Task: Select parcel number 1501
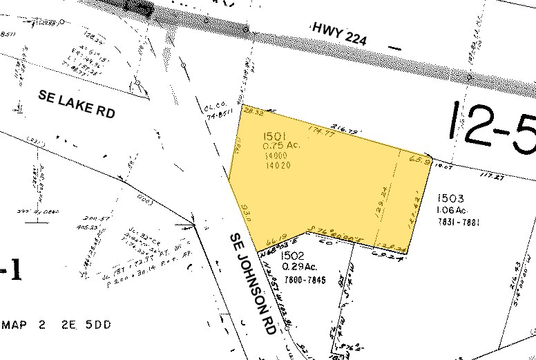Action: tap(275, 135)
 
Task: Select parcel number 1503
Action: tap(450, 199)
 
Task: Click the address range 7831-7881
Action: tap(457, 222)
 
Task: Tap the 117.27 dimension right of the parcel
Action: tap(491, 176)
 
